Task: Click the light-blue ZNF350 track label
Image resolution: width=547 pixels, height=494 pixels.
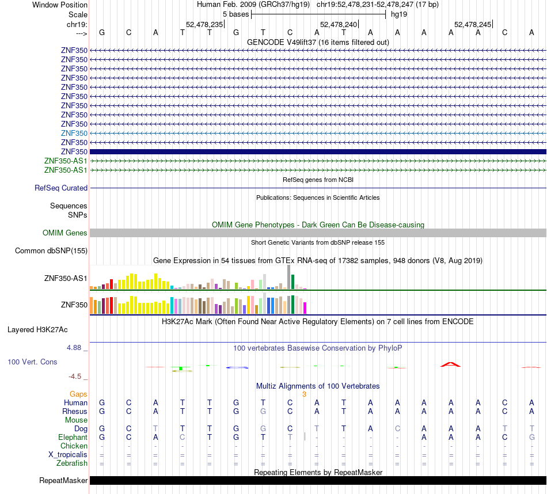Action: [x=74, y=133]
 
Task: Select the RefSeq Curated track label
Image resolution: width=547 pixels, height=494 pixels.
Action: [x=61, y=188]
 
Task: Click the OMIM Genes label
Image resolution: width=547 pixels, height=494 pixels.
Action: [x=65, y=233]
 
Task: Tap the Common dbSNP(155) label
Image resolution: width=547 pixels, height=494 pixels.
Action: [x=51, y=251]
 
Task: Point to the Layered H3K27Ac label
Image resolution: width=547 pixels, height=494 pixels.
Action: [x=37, y=330]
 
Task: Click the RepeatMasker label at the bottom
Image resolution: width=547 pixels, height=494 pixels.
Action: [x=63, y=480]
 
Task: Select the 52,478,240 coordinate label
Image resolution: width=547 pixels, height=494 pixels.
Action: [x=339, y=24]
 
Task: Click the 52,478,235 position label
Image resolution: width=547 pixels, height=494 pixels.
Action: [x=204, y=24]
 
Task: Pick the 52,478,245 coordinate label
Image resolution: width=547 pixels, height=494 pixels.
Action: [x=473, y=24]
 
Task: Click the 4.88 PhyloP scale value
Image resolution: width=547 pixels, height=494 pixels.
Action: [x=74, y=348]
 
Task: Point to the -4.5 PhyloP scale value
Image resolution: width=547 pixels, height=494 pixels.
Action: [x=75, y=377]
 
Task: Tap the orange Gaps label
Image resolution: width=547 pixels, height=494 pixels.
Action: [x=78, y=394]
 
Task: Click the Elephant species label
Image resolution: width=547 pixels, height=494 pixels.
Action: [x=73, y=437]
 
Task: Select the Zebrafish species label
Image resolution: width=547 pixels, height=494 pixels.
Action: [x=72, y=463]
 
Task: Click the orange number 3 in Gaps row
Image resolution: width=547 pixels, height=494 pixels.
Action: [x=304, y=394]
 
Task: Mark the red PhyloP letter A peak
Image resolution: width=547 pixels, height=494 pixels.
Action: [x=450, y=364]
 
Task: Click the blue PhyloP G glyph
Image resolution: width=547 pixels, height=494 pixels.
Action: [x=237, y=367]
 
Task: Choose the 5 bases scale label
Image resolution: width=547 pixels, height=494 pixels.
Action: [x=236, y=14]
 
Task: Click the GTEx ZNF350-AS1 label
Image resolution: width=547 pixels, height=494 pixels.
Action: [x=66, y=279]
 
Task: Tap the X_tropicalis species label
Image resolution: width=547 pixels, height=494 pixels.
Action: [x=68, y=455]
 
